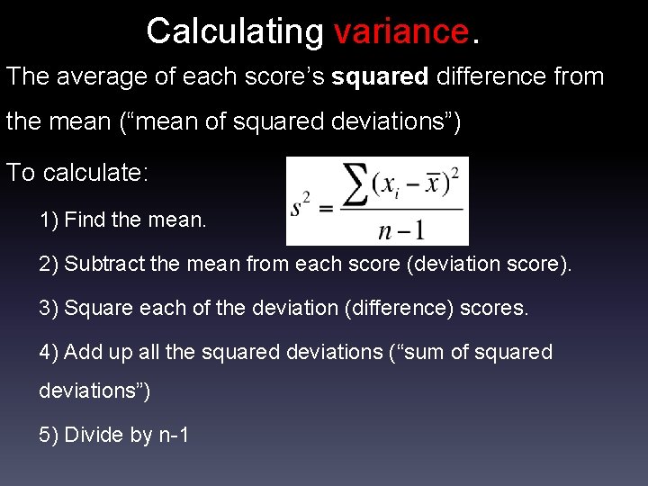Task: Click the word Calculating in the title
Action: pyautogui.click(x=234, y=31)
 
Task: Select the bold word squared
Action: pyautogui.click(x=380, y=76)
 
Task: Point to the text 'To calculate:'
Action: pyautogui.click(x=77, y=172)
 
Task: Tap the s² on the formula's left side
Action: pyautogui.click(x=301, y=208)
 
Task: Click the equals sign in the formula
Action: pyautogui.click(x=326, y=209)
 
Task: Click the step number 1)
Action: pyautogui.click(x=49, y=219)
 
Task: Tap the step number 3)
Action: pyautogui.click(x=49, y=308)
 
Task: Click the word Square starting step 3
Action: pyautogui.click(x=92, y=308)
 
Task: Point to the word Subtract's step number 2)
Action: pyautogui.click(x=49, y=264)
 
